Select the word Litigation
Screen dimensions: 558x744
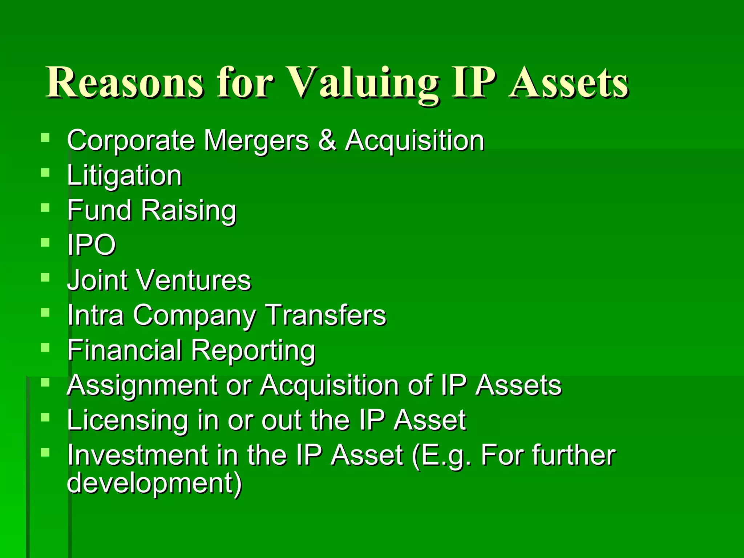pyautogui.click(x=124, y=175)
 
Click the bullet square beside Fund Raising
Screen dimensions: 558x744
pyautogui.click(x=45, y=208)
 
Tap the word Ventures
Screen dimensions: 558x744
pyautogui.click(x=193, y=280)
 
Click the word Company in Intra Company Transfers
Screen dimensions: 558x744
pyautogui.click(x=194, y=315)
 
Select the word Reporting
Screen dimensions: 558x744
pyautogui.click(x=253, y=350)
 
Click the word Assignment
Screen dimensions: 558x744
pyautogui.click(x=142, y=385)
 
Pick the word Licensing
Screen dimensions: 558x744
pyautogui.click(x=128, y=420)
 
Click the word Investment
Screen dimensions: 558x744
pyautogui.click(x=138, y=455)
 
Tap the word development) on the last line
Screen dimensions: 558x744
pyautogui.click(x=154, y=483)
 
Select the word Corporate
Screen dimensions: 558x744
pyautogui.click(x=131, y=141)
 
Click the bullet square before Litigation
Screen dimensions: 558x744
pyautogui.click(x=45, y=173)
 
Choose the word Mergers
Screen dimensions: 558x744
pyautogui.click(x=256, y=141)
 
